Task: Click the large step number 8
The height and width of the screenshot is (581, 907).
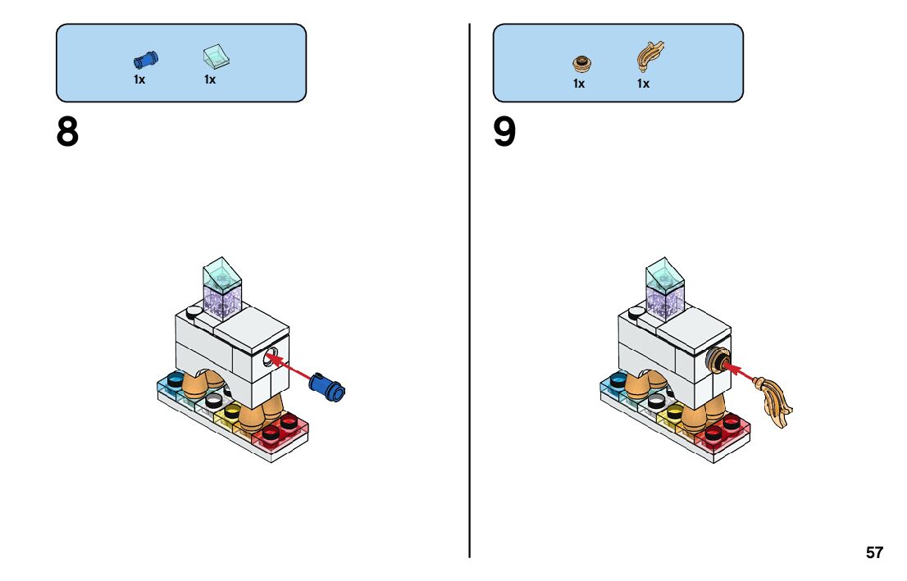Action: tap(67, 133)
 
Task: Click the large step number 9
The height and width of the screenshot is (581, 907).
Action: tap(505, 133)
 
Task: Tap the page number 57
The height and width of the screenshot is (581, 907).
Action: tap(874, 552)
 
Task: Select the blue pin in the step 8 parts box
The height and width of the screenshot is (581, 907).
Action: tap(145, 59)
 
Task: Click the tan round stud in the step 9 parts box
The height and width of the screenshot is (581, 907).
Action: tap(581, 61)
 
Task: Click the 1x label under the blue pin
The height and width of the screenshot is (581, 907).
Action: tap(139, 79)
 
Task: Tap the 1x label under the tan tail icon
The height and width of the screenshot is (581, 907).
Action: tap(643, 84)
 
